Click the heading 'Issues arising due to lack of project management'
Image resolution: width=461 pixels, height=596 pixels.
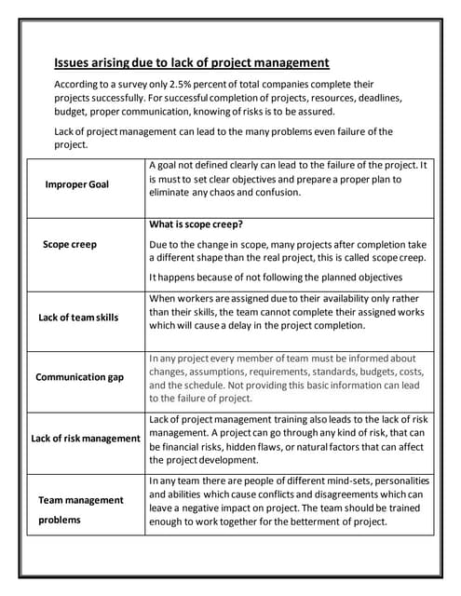[x=192, y=63]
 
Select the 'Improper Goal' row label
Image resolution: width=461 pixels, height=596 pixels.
[x=76, y=184]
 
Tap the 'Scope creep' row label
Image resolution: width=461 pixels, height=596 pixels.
[x=70, y=244]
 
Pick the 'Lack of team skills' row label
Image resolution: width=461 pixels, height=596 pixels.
[x=78, y=318]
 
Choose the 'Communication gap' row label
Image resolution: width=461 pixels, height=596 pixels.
[x=79, y=377]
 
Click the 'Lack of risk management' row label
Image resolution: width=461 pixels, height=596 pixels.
[x=85, y=438]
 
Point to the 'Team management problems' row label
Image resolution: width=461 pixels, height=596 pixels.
[x=80, y=509]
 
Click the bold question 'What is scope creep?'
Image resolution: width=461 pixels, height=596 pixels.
[x=196, y=224]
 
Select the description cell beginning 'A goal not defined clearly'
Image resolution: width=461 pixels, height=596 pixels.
[x=288, y=179]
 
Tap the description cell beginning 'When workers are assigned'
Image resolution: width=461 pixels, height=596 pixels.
[x=288, y=311]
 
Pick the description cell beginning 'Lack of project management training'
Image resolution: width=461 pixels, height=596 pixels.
[x=288, y=440]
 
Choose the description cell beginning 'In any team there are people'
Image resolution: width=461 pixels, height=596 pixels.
[x=288, y=501]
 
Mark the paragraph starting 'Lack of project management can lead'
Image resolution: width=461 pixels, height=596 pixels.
[x=224, y=138]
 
